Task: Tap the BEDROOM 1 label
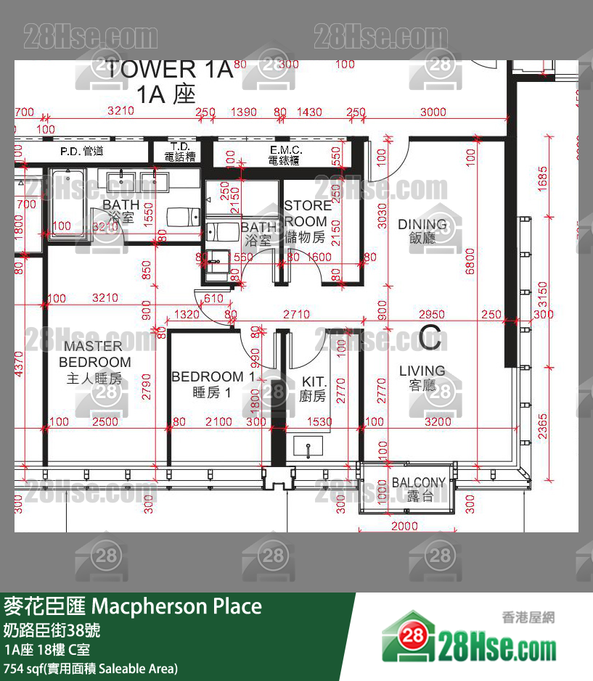[x=213, y=384]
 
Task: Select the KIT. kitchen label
[x=313, y=389]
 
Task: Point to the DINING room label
[x=422, y=230]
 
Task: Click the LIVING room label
[x=422, y=378]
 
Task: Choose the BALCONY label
[x=418, y=489]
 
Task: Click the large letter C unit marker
[x=430, y=337]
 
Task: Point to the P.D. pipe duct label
[x=81, y=151]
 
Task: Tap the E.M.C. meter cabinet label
[x=285, y=154]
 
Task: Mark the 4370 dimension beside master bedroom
[x=20, y=363]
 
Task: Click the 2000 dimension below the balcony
[x=404, y=526]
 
